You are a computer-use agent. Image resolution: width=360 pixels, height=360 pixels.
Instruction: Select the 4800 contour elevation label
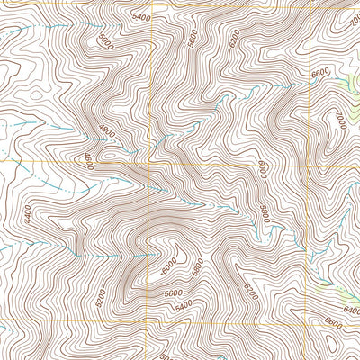108,130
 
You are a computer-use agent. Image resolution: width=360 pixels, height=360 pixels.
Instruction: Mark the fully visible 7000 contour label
339,119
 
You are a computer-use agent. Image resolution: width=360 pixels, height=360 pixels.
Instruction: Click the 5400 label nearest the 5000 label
140,17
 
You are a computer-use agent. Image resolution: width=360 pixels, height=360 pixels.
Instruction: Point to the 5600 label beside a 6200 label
192,37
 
